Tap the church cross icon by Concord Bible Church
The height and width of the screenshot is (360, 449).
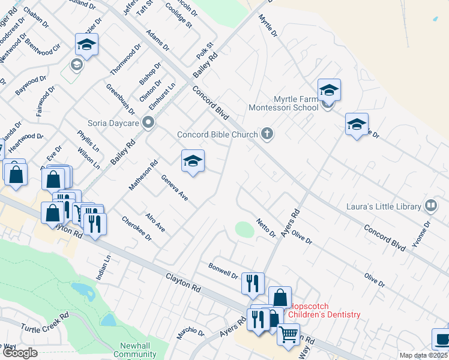(x=268, y=134)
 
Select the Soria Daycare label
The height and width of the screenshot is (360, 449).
(x=113, y=122)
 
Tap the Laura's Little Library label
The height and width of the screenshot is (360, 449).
(x=384, y=206)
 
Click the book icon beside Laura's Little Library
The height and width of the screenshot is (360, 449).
(x=430, y=206)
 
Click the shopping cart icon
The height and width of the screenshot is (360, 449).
(x=288, y=333)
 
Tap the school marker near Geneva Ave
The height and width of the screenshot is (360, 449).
(x=193, y=161)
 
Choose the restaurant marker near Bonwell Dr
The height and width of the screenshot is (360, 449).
(x=253, y=282)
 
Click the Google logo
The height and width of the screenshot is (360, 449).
(x=19, y=353)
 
